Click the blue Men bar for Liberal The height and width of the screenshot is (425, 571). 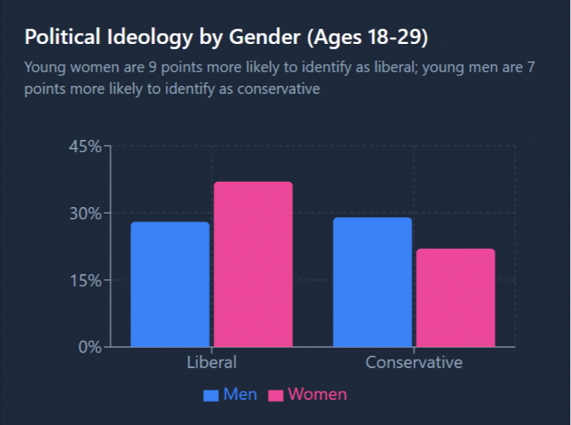(x=170, y=284)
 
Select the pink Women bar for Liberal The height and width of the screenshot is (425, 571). (x=253, y=264)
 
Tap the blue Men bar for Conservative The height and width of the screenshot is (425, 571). (x=372, y=282)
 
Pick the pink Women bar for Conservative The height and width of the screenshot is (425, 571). (x=455, y=298)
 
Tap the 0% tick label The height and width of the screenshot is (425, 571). (x=89, y=347)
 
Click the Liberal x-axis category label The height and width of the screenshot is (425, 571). (x=212, y=362)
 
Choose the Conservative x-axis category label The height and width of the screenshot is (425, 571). (x=413, y=362)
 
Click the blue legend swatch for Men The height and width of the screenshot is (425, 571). (x=211, y=395)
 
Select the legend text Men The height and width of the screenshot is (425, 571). (x=240, y=395)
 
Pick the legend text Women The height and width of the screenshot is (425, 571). (x=317, y=395)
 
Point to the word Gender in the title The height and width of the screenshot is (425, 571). (x=240, y=37)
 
